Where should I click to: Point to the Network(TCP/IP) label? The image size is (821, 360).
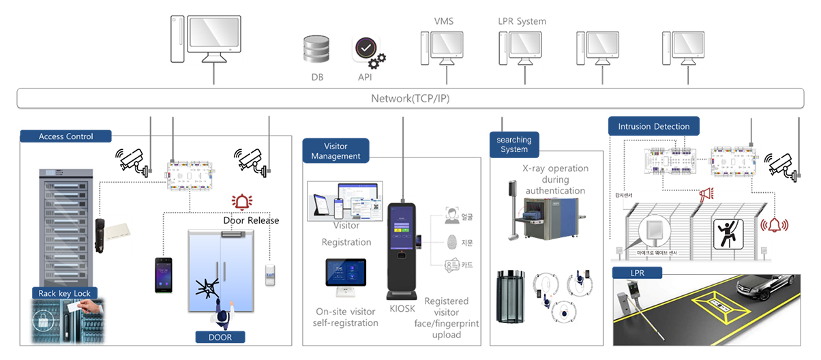pyautogui.click(x=410, y=98)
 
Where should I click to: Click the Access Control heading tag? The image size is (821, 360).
pyautogui.click(x=65, y=136)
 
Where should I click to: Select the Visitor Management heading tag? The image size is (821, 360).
pyautogui.click(x=335, y=151)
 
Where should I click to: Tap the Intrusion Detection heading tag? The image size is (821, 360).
pyautogui.click(x=653, y=126)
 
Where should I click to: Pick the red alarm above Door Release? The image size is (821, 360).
pyautogui.click(x=241, y=202)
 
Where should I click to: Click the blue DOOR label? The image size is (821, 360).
pyautogui.click(x=220, y=337)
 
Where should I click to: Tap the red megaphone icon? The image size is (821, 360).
pyautogui.click(x=705, y=194)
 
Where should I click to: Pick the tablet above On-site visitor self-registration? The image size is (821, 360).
pyautogui.click(x=345, y=278)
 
